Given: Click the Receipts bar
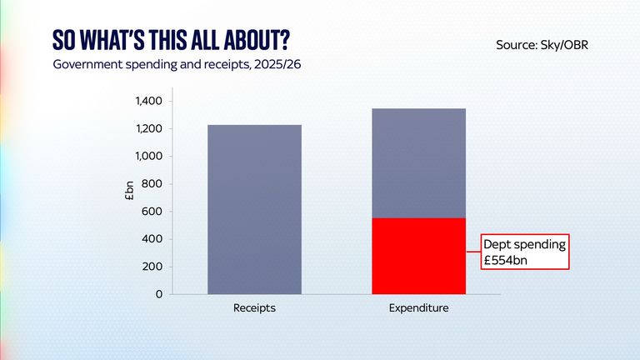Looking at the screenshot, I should pos(254,209).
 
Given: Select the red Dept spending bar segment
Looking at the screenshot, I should pos(418,256).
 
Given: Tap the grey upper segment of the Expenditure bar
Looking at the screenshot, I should pos(418,163).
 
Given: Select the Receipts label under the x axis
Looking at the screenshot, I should pos(254,308).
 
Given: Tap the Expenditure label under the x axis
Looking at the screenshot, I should pos(418,308).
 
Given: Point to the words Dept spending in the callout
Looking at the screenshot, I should pos(524,244).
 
